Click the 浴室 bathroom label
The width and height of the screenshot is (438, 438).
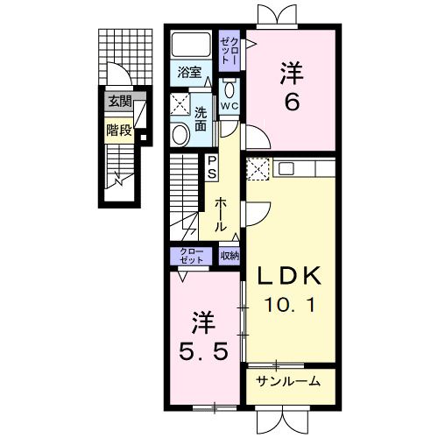click(x=189, y=72)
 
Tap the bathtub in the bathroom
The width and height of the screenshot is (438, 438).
click(x=191, y=45)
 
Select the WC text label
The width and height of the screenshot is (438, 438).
click(x=230, y=106)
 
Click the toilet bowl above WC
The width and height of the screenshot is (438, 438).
click(x=230, y=89)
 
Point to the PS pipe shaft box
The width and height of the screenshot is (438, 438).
click(x=212, y=167)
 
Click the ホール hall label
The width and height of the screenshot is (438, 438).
click(x=221, y=215)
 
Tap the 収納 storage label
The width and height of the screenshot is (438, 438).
click(x=230, y=256)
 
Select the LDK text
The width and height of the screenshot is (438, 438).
click(x=289, y=276)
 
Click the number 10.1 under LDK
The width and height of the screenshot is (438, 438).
click(x=290, y=305)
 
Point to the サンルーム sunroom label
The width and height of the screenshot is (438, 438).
click(x=288, y=381)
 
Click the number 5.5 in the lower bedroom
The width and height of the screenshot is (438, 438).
click(x=203, y=351)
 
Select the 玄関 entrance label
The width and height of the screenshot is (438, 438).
click(x=120, y=102)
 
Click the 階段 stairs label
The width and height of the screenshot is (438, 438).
click(x=119, y=131)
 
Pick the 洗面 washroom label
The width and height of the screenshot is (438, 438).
click(x=201, y=119)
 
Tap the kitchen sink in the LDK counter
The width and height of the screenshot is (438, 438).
click(x=286, y=168)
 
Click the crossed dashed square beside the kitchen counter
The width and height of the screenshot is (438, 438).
click(x=258, y=169)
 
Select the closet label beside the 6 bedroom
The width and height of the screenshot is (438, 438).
click(x=230, y=51)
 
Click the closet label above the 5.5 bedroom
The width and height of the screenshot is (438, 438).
click(x=191, y=256)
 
